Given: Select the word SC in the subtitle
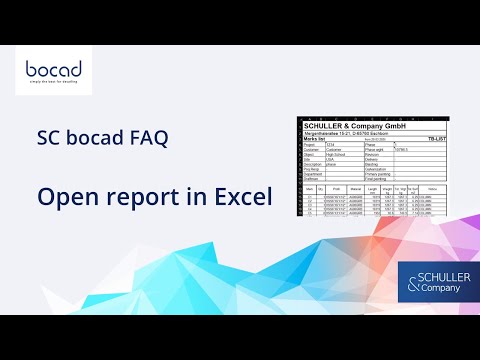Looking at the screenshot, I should (48, 140).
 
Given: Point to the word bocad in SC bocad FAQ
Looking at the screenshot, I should (91, 140).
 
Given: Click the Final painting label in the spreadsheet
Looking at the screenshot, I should (379, 179).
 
